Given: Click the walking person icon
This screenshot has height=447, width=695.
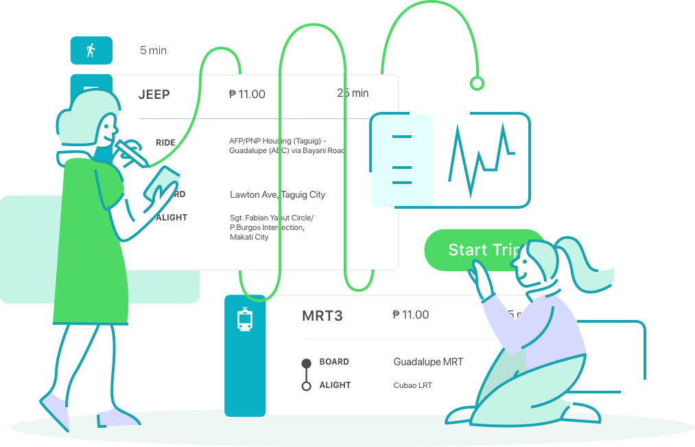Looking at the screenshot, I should [x=91, y=50].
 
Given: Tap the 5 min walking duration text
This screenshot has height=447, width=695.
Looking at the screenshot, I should [x=153, y=50].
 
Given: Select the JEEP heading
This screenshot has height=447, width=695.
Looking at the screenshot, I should [x=154, y=95].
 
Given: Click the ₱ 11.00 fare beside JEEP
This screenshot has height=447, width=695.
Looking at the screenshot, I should [x=247, y=95].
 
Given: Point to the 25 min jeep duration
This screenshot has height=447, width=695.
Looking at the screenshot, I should [x=353, y=93].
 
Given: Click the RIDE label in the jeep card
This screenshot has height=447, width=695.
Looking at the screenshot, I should [x=165, y=143].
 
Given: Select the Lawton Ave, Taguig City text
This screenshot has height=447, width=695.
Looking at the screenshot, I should [x=277, y=195].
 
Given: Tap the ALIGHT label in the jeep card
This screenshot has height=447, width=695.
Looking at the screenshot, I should [x=172, y=218].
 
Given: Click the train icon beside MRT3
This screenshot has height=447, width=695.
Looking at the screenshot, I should [x=245, y=320].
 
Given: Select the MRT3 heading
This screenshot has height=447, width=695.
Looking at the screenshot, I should [x=322, y=317].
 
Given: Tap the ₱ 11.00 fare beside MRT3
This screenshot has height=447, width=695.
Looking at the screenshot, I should [x=410, y=315].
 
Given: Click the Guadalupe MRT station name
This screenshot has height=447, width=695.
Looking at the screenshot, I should [x=428, y=362].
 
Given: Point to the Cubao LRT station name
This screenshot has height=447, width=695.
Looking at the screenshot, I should [x=412, y=385].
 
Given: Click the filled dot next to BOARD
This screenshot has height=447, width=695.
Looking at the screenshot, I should [x=307, y=363].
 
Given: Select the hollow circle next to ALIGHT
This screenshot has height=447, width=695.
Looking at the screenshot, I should [x=307, y=386].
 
